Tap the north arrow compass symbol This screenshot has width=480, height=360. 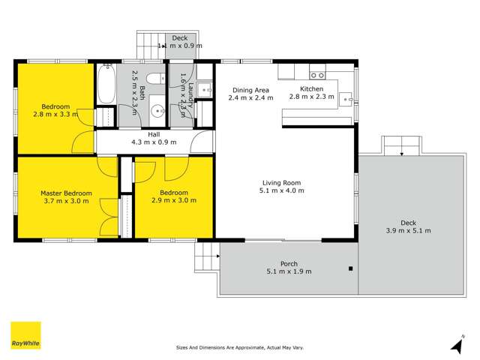456,344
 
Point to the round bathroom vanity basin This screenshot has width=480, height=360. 157,112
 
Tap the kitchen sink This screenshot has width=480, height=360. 345,97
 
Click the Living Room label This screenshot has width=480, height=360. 281,182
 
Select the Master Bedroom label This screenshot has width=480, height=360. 65,193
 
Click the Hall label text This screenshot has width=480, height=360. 154,134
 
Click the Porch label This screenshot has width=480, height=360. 289,263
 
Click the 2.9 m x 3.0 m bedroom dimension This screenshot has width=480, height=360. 173,200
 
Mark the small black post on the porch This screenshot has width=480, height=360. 350,268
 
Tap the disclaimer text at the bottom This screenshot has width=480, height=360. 239,347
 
